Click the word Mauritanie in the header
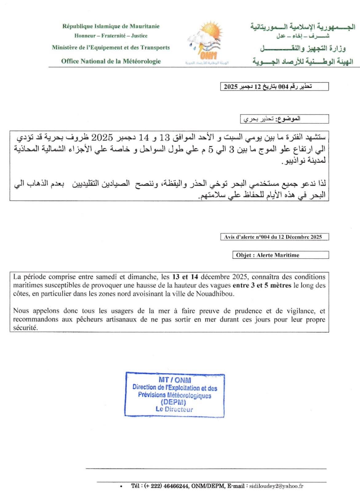pyautogui.click(x=144, y=26)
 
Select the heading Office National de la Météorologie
pyautogui.click(x=111, y=61)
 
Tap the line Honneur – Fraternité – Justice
pyautogui.click(x=111, y=36)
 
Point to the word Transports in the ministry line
pyautogui.click(x=155, y=47)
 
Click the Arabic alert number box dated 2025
pyautogui.click(x=274, y=87)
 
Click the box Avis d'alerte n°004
pyautogui.click(x=274, y=237)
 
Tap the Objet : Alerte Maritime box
pyautogui.click(x=280, y=255)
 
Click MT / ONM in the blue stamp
pyautogui.click(x=175, y=380)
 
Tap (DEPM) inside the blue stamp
pyautogui.click(x=174, y=402)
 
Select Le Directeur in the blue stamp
pyautogui.click(x=174, y=409)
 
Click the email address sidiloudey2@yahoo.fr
pyautogui.click(x=276, y=486)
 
